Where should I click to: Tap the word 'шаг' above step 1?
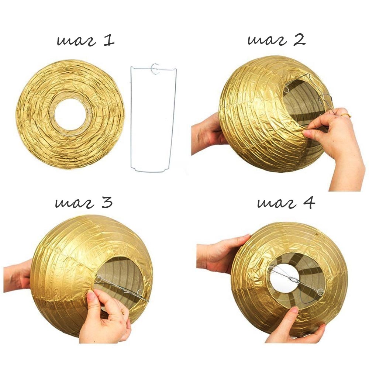click(x=77, y=41)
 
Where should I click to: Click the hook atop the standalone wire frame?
click(x=155, y=69)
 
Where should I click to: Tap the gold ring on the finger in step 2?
click(x=346, y=115)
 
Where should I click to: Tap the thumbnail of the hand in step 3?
click(x=91, y=295)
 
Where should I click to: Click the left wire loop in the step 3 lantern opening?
click(x=98, y=279)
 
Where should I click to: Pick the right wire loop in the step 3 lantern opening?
click(x=140, y=293)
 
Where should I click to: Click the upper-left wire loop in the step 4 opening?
click(x=271, y=269)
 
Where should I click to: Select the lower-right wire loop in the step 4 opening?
click(x=320, y=292)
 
